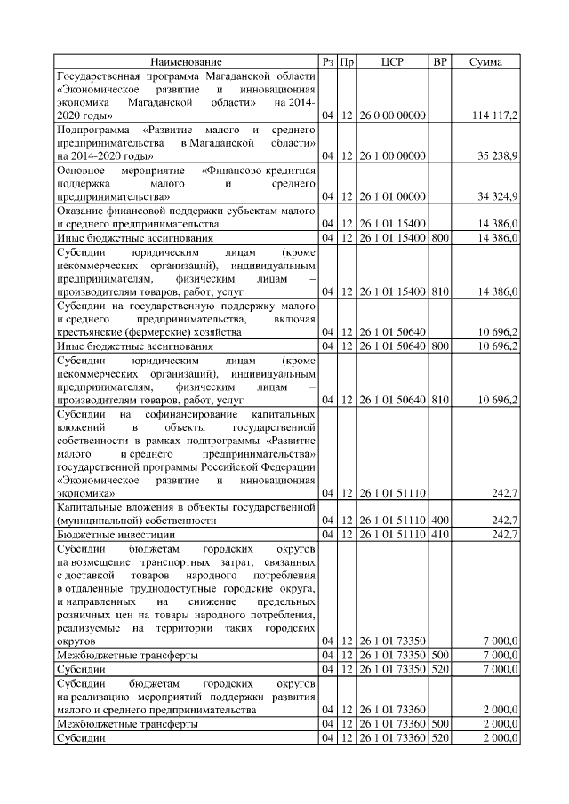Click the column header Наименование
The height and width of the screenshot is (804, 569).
[x=186, y=62]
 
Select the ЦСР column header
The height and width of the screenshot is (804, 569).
[x=392, y=62]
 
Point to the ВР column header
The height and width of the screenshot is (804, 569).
[x=439, y=62]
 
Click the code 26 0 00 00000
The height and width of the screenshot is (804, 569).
[x=392, y=115]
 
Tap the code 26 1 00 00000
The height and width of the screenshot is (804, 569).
[x=392, y=155]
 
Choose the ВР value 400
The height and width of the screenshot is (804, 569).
[x=439, y=520]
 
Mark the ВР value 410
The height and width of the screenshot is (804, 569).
[x=439, y=534]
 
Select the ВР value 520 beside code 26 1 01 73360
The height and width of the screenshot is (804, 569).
[x=439, y=737]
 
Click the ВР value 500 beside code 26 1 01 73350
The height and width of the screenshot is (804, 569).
[x=439, y=655]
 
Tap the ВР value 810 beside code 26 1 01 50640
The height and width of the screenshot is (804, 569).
[x=439, y=400]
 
